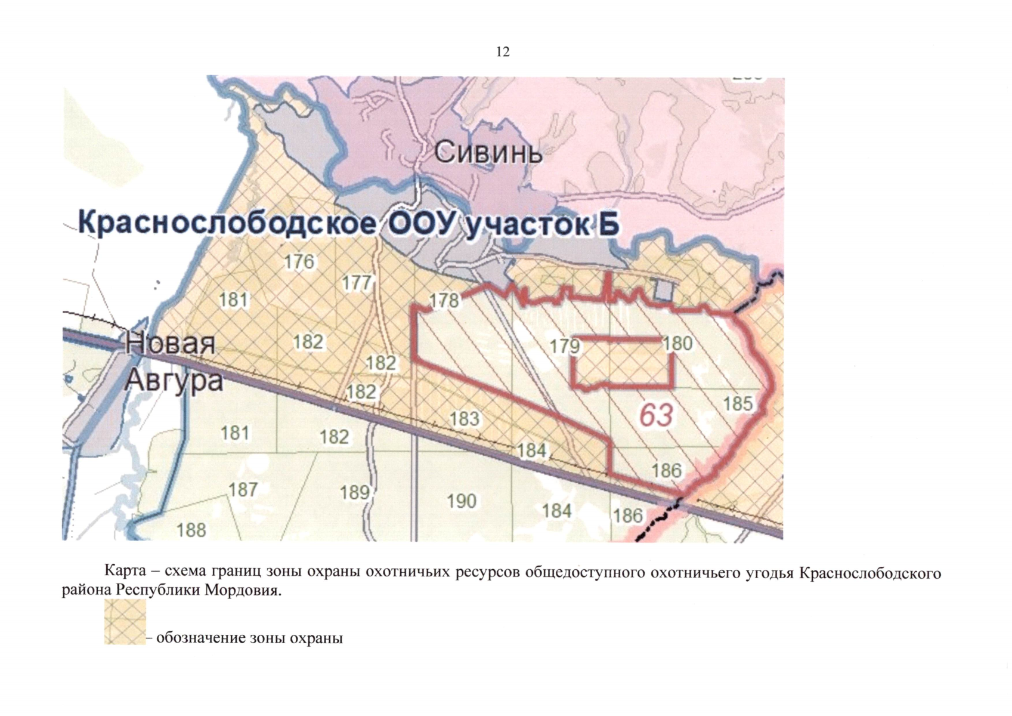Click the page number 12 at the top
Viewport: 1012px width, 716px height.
(x=503, y=52)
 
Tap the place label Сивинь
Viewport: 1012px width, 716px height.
(x=488, y=153)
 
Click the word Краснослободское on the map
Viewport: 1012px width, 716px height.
(x=227, y=224)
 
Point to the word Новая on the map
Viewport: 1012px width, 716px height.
(x=170, y=344)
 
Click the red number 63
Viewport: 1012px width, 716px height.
(x=656, y=415)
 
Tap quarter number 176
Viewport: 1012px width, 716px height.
(x=299, y=261)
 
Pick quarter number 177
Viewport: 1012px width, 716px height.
(x=357, y=282)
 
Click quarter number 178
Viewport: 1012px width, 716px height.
(x=444, y=300)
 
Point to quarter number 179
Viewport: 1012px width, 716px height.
(x=565, y=346)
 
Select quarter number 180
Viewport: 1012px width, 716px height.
(x=677, y=343)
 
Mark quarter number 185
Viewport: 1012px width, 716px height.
(x=738, y=404)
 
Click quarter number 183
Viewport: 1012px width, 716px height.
(x=465, y=419)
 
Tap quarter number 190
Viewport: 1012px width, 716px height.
(x=462, y=501)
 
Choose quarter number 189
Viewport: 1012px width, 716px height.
(x=355, y=492)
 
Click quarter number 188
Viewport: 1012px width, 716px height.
(x=191, y=530)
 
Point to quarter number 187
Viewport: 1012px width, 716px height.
(x=243, y=489)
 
